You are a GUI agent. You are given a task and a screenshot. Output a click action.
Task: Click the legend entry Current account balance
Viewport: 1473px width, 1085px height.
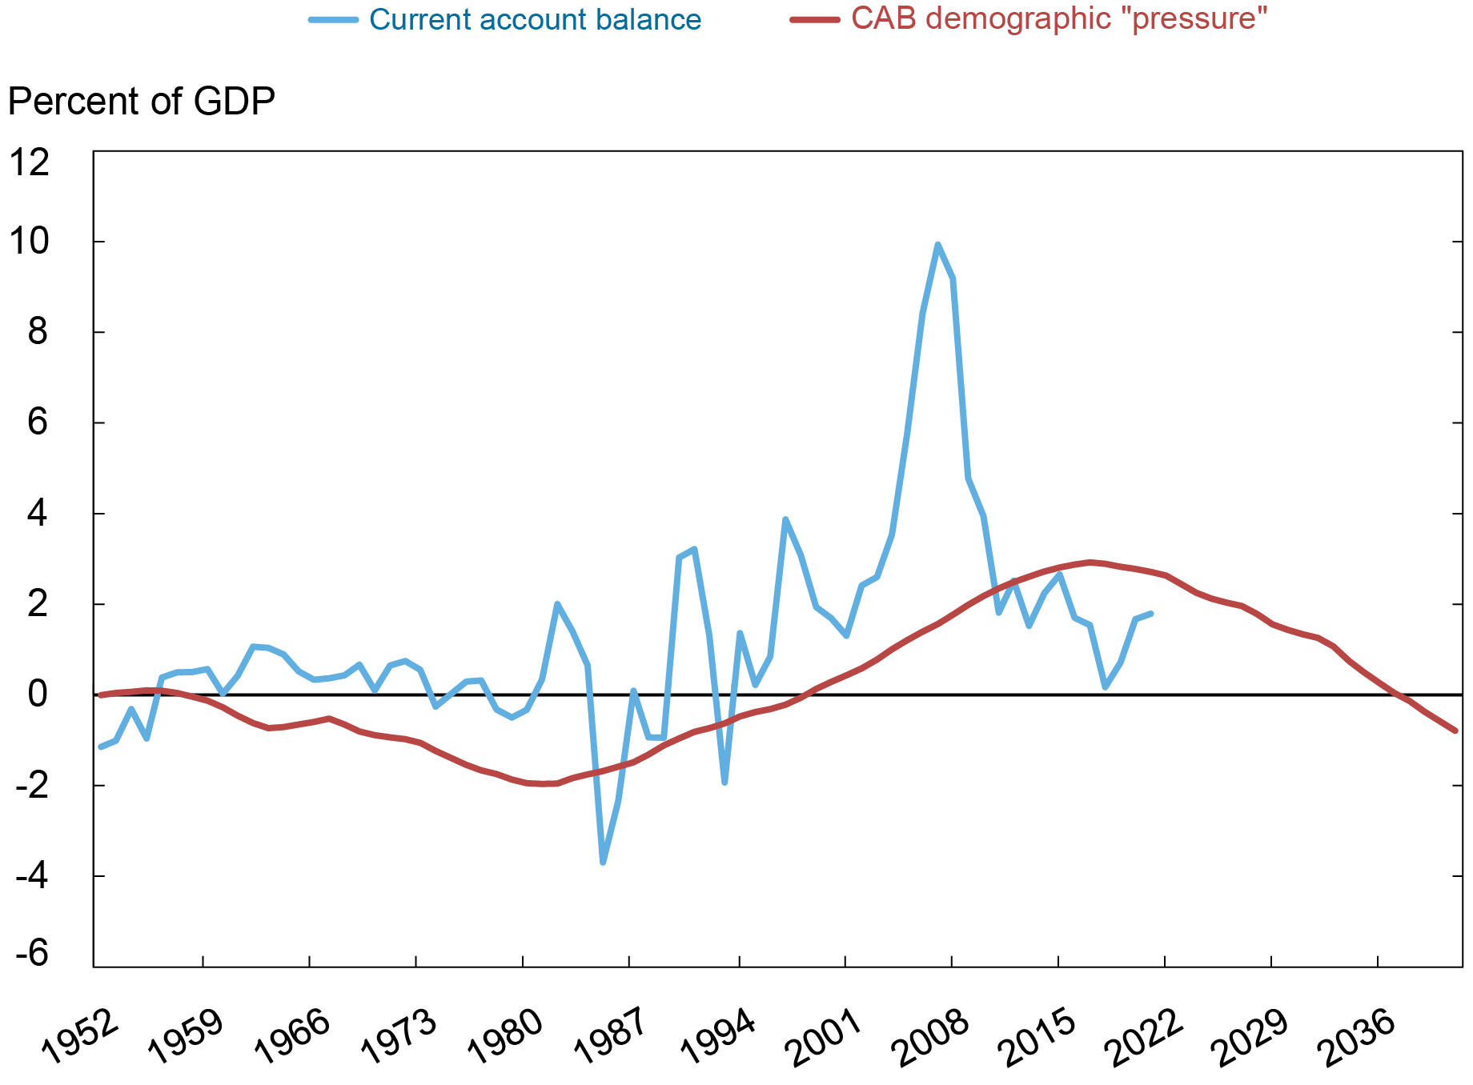pyautogui.click(x=534, y=19)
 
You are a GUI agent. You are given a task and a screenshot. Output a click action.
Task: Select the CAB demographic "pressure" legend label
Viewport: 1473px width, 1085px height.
pyautogui.click(x=1058, y=18)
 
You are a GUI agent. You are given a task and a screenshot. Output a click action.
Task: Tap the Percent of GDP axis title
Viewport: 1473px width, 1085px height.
pyautogui.click(x=142, y=102)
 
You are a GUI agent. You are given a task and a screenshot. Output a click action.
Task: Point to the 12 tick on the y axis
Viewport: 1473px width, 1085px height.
pyautogui.click(x=28, y=162)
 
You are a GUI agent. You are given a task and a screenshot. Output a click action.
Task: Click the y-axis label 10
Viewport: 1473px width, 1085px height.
pyautogui.click(x=28, y=241)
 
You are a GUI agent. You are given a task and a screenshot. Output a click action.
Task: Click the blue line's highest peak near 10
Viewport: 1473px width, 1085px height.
pyautogui.click(x=937, y=245)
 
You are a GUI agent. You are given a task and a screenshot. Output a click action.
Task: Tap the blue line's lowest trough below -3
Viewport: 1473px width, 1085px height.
pyautogui.click(x=603, y=863)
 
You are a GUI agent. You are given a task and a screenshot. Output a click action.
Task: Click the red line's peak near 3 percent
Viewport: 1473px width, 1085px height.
pyautogui.click(x=1090, y=562)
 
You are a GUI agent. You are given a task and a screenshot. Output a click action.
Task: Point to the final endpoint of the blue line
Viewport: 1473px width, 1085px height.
pyautogui.click(x=1150, y=614)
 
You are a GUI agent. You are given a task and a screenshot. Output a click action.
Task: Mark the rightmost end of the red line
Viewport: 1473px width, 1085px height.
pyautogui.click(x=1455, y=731)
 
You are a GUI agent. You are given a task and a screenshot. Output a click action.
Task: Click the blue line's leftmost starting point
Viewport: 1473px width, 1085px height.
pyautogui.click(x=100, y=747)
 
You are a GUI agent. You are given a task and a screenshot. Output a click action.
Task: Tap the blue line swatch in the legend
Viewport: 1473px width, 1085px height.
pyautogui.click(x=333, y=19)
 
